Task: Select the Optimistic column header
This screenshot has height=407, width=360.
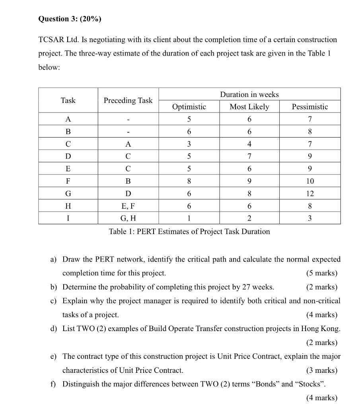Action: coord(189,107)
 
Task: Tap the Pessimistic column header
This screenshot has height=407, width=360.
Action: coord(310,107)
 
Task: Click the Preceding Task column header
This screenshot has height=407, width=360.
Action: coord(128,101)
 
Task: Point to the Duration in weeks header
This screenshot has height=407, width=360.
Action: coord(249,94)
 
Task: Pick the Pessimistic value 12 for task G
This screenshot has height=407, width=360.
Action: coord(310,194)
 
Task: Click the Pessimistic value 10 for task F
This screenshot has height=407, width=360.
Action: coord(310,181)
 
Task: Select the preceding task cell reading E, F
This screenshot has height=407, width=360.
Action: coord(128,206)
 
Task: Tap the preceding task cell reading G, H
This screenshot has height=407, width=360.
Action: coord(128,218)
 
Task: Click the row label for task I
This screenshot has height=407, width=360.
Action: coord(68,218)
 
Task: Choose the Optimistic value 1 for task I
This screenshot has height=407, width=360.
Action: coord(189,218)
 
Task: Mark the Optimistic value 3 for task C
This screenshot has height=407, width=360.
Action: coord(189,144)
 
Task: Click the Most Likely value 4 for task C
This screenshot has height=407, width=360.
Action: coord(249,144)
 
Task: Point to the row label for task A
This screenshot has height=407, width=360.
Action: coord(68,119)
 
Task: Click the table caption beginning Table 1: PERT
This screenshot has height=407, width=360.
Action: coord(189,231)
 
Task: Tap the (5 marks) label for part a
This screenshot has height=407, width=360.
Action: coord(321,273)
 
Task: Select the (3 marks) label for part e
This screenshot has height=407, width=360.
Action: coord(321,370)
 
